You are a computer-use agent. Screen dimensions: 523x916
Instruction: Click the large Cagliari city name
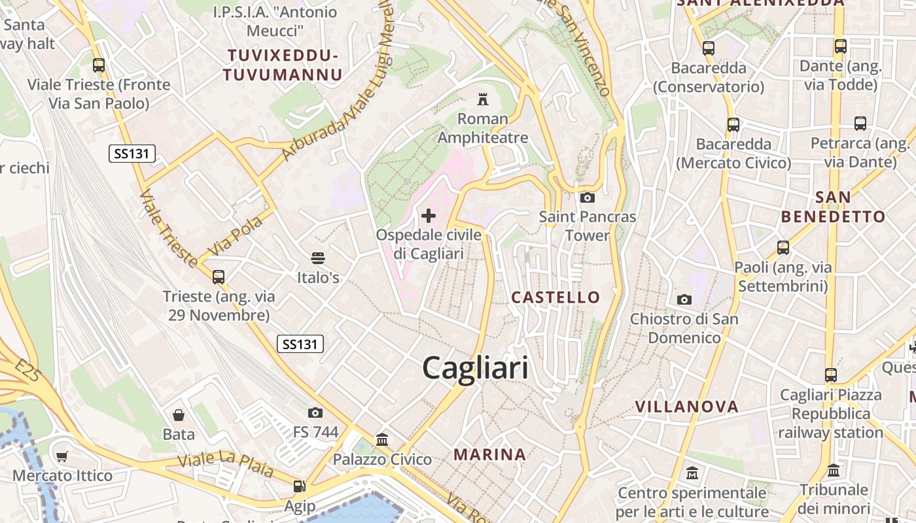[475, 368]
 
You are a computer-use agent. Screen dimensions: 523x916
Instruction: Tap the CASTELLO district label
[555, 297]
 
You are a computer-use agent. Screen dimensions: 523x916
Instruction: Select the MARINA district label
[489, 454]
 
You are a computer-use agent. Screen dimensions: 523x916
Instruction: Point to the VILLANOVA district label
[687, 407]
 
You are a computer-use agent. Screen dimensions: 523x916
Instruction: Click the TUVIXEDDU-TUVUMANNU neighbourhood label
[282, 65]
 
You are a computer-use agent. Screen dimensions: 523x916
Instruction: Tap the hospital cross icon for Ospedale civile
[429, 216]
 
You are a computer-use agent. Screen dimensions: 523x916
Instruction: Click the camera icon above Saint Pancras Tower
[587, 197]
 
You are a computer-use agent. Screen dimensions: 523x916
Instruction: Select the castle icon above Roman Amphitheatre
[483, 99]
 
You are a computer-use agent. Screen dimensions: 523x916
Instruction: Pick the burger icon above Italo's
[318, 258]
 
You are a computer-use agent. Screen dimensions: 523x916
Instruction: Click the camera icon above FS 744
[315, 413]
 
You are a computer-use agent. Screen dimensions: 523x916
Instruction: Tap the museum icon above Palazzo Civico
[382, 440]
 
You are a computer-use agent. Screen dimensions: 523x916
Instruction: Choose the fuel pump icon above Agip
[299, 486]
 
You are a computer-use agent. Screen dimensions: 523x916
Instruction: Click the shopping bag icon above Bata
[178, 414]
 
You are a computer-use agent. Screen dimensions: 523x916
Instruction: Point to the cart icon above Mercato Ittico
[62, 456]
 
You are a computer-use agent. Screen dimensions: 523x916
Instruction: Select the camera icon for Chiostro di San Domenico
[684, 299]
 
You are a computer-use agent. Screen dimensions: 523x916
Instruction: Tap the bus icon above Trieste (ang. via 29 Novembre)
[219, 277]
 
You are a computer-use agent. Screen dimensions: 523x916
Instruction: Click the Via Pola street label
[235, 235]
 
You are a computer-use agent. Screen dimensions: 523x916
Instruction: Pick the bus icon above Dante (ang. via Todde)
[840, 46]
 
